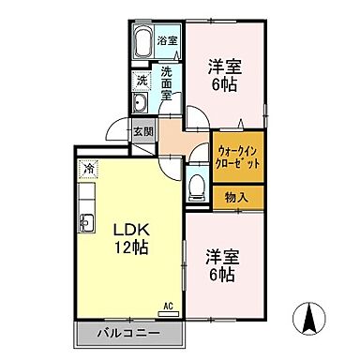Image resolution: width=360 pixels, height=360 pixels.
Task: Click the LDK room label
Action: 130,229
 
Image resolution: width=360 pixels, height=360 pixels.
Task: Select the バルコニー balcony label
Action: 127,333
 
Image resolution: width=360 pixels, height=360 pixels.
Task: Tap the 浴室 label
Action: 166,41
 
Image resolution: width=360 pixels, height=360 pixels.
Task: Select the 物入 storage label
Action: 237,197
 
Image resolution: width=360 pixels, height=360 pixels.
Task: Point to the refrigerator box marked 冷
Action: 87,169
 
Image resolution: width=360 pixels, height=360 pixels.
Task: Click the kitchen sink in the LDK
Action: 86,222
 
